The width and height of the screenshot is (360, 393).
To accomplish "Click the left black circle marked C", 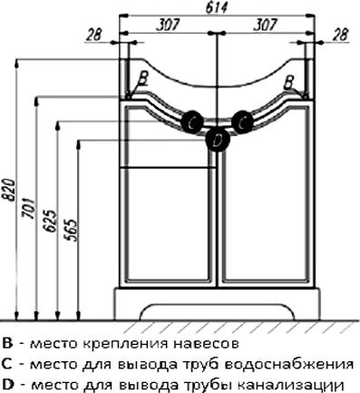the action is (192, 120).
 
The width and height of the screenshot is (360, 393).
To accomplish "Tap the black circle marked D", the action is (217, 139).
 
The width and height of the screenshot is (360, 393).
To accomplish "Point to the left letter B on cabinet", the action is (142, 79).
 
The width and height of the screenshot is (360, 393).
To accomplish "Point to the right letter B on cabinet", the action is (289, 81).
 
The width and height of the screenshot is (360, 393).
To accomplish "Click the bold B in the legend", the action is (8, 345).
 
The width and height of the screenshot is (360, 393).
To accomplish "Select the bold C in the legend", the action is (8, 363).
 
